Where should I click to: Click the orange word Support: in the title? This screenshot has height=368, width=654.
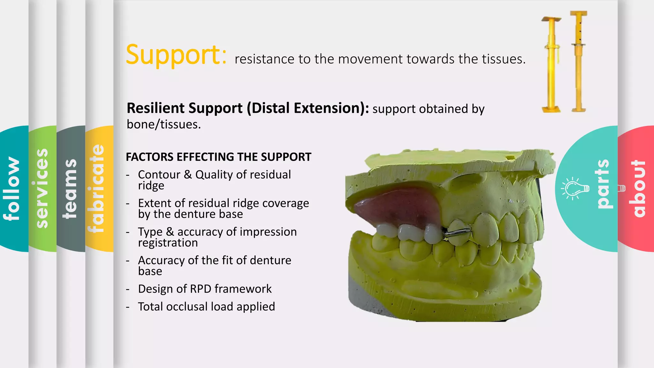point(176,55)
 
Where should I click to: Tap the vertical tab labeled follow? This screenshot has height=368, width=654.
point(11,188)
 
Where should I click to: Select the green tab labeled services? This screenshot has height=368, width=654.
point(42,188)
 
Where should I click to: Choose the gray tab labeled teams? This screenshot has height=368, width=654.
point(70,188)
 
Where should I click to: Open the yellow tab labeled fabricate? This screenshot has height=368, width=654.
point(96,188)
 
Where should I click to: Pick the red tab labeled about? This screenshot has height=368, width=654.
point(638,188)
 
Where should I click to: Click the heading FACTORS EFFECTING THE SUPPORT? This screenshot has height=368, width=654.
point(218,157)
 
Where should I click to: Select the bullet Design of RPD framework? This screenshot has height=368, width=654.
point(205,289)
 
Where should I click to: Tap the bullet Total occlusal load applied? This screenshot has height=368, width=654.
point(206,307)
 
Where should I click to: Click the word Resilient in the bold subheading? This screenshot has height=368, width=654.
point(153,108)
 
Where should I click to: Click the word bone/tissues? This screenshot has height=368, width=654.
point(164,124)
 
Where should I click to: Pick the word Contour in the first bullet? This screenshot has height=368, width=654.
point(159,175)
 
